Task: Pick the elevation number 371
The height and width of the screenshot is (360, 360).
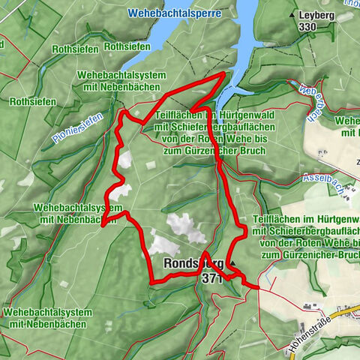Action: [212, 277]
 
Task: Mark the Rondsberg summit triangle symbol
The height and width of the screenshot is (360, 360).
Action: [233, 263]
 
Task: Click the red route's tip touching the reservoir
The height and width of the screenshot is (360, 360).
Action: [225, 74]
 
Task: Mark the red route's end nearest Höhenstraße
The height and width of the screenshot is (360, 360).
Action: [258, 286]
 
